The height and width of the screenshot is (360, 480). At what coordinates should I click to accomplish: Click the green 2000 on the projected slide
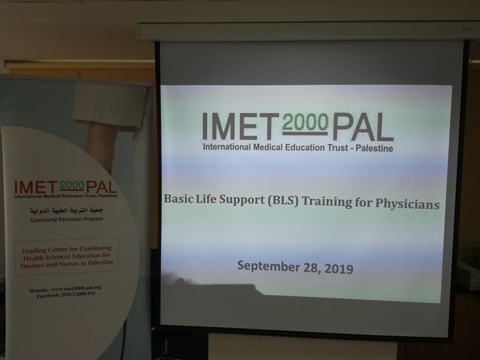pyautogui.click(x=305, y=122)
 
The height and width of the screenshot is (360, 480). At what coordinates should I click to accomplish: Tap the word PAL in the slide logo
pyautogui.click(x=363, y=126)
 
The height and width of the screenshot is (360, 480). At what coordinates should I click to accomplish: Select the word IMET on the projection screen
pyautogui.click(x=240, y=126)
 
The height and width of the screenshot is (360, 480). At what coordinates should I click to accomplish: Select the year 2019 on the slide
pyautogui.click(x=338, y=269)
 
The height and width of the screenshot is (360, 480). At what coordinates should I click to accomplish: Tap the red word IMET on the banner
pyautogui.click(x=36, y=187)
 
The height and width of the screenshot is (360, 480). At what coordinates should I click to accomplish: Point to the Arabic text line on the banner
pyautogui.click(x=66, y=211)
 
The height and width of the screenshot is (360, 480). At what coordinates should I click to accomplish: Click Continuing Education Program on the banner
pyautogui.click(x=66, y=219)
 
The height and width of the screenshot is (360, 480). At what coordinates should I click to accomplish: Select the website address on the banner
pyautogui.click(x=65, y=289)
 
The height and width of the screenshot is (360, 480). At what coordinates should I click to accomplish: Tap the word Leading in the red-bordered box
pyautogui.click(x=34, y=250)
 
